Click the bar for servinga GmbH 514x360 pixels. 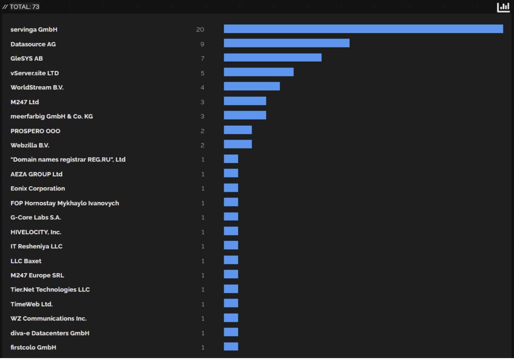(x=363, y=29)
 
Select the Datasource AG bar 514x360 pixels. (x=287, y=43)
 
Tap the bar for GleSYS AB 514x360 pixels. (x=272, y=58)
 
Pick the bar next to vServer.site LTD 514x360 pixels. (x=258, y=72)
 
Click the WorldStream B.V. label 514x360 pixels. (x=37, y=87)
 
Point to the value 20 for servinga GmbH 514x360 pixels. (x=200, y=30)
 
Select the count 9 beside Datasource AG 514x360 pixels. (x=202, y=44)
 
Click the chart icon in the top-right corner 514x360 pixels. (x=503, y=7)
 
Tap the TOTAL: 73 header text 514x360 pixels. (x=22, y=7)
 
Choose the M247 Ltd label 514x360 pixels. (x=25, y=102)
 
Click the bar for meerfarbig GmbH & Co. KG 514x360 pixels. (x=245, y=115)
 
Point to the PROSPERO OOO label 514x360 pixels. (x=35, y=131)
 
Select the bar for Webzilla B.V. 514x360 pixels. (x=238, y=144)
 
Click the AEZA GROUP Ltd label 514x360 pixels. (x=37, y=174)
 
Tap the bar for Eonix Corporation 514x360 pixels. (x=231, y=188)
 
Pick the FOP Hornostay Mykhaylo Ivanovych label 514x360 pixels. (x=65, y=203)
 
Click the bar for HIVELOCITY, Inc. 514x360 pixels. (x=231, y=231)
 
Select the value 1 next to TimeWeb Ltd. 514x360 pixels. (x=203, y=304)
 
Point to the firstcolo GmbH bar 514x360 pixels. (x=231, y=346)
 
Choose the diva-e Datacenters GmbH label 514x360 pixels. (x=50, y=333)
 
